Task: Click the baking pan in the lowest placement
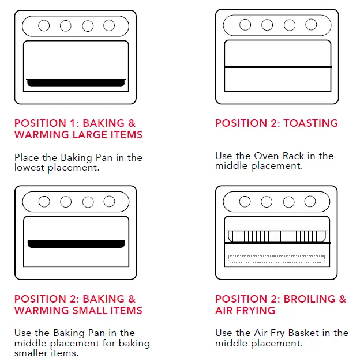[x=76, y=82]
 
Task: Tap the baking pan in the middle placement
[x=76, y=243]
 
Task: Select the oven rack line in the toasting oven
[x=277, y=67]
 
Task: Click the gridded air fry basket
[x=277, y=236]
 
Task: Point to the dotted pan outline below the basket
[x=277, y=258]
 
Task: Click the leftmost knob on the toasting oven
[x=245, y=25]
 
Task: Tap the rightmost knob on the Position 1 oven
[x=109, y=25]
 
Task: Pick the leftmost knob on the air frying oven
[x=245, y=202]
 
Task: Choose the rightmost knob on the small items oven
[x=109, y=202]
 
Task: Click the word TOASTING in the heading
[x=310, y=123]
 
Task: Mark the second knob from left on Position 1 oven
[x=65, y=25]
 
